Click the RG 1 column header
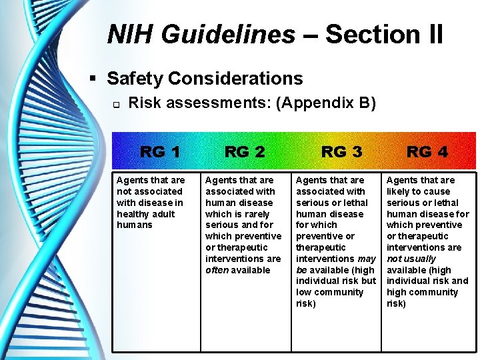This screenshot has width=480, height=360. (x=160, y=152)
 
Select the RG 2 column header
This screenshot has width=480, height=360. (x=245, y=152)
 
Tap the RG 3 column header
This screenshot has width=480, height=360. (x=341, y=152)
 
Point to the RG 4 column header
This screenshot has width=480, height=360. (x=427, y=152)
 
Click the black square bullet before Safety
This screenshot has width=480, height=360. (x=95, y=79)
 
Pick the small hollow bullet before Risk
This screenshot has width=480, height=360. (x=115, y=104)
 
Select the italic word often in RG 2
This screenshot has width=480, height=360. (x=217, y=270)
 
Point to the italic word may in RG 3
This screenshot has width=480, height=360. (x=367, y=259)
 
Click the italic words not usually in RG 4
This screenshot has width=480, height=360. (x=411, y=259)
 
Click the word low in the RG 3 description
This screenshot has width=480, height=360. (x=304, y=292)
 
